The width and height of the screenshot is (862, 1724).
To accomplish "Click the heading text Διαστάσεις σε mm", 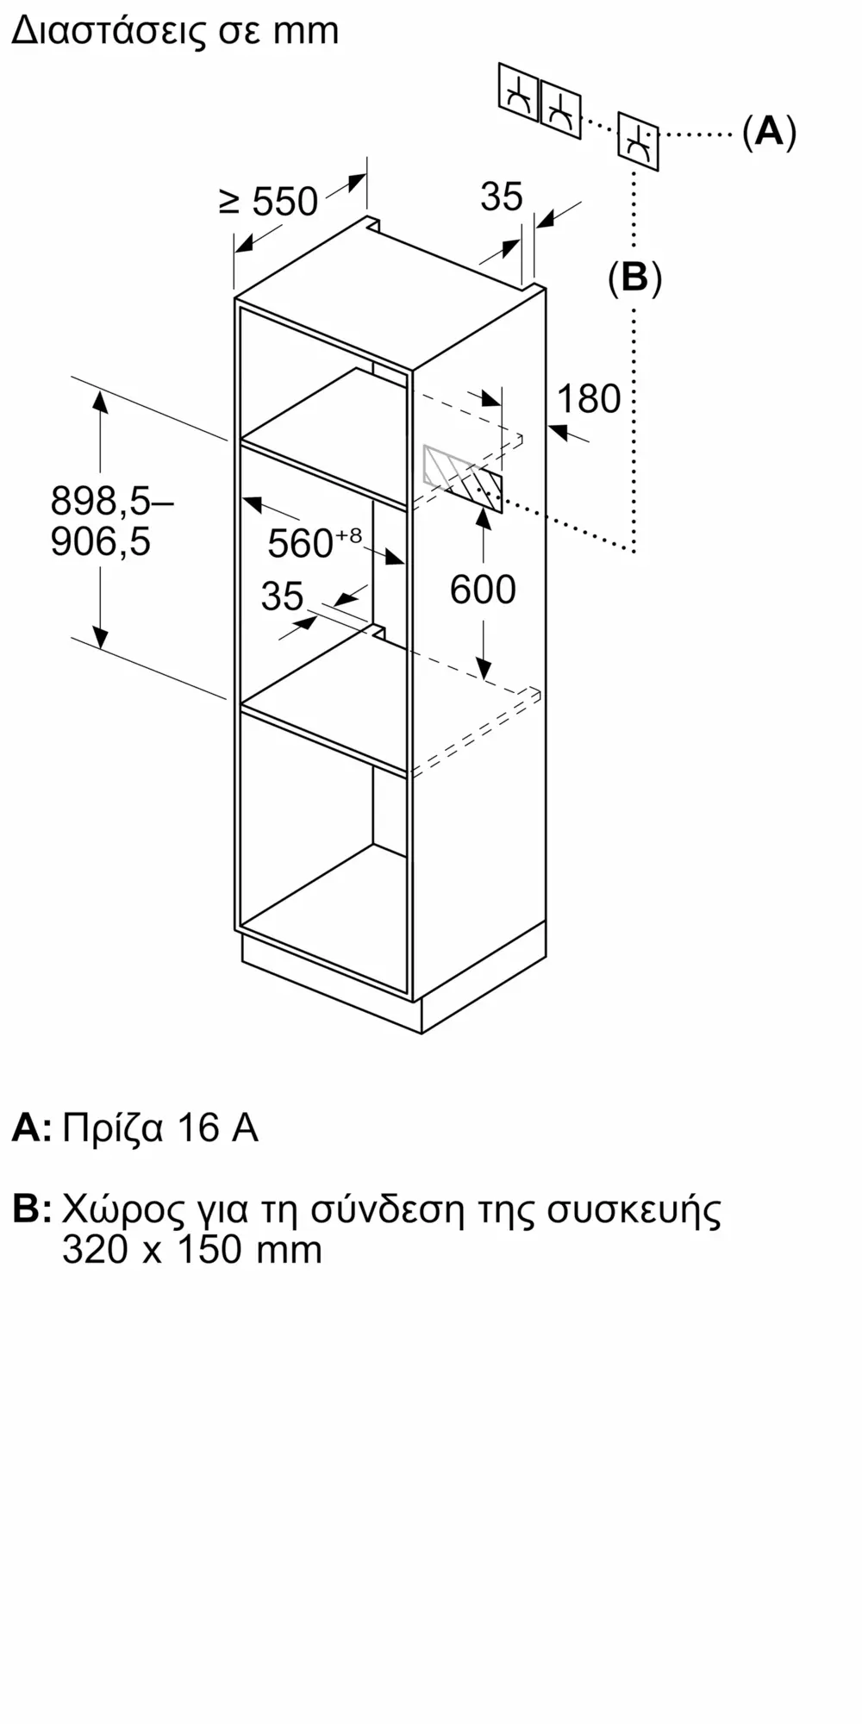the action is pos(175,31).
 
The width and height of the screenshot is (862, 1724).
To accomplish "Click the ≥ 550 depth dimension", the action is pos(269,203).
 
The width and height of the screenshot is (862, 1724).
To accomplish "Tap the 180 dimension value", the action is pos(589,399).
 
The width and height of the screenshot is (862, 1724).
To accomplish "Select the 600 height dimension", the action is pos(483,590).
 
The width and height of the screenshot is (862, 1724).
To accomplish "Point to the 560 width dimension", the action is pos(300,544).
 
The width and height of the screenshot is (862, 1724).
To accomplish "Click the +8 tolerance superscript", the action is pos(348,535).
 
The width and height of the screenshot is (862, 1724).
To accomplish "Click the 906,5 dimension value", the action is pos(101,541).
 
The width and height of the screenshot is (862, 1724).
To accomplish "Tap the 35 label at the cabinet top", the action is pos(502,197).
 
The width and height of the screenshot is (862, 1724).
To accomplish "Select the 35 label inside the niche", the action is pos(283,597).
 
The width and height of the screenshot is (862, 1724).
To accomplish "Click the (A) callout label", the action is pos(769,132).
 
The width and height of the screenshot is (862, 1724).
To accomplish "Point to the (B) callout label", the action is pos(634,278).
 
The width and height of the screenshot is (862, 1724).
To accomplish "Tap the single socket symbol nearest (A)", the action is pos(638,141).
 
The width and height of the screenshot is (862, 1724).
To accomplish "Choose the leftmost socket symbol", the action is pos(518,97).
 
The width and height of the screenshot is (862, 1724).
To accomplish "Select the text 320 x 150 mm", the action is pos(192,1250).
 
